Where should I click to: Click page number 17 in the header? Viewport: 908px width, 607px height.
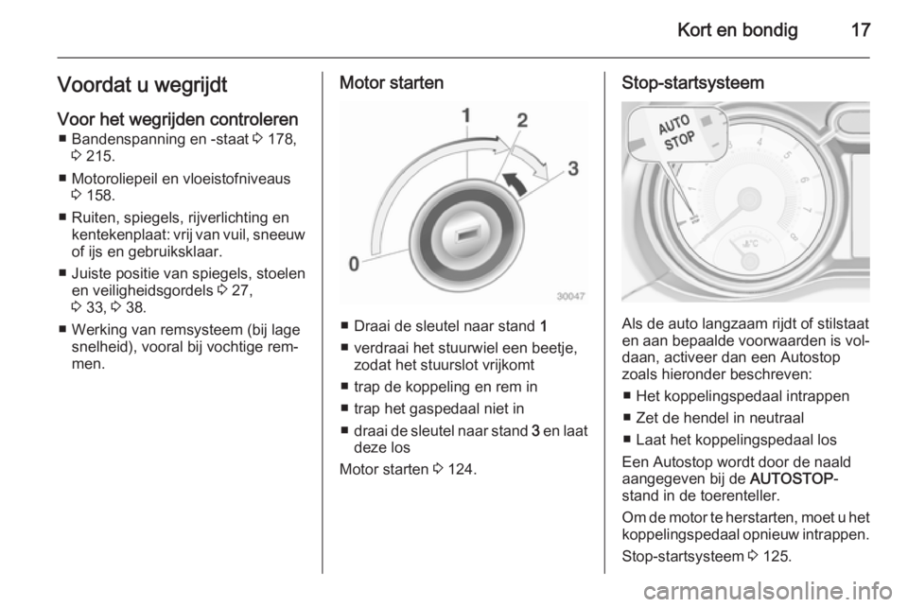(x=861, y=29)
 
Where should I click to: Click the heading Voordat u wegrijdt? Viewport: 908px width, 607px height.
(x=142, y=85)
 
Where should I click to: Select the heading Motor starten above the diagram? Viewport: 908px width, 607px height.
(x=392, y=83)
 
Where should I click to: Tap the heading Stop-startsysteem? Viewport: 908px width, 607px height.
(x=692, y=83)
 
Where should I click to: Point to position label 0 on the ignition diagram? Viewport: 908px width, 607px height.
(x=354, y=264)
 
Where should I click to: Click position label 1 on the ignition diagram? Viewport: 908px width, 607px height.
(x=466, y=115)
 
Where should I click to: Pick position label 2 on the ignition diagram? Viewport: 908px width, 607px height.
(x=522, y=120)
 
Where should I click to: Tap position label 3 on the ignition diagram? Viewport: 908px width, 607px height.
(x=573, y=168)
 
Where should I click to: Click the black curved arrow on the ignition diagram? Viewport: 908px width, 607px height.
(x=515, y=183)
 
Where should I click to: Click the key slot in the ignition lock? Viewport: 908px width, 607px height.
(x=466, y=235)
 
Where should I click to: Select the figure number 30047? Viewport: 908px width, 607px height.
(x=571, y=296)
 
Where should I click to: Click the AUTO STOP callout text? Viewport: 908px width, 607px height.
(x=676, y=132)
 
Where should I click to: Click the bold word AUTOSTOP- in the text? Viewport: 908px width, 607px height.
(x=794, y=479)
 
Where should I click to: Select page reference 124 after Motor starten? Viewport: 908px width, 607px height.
(x=461, y=469)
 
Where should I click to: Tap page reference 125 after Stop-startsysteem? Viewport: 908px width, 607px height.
(x=776, y=557)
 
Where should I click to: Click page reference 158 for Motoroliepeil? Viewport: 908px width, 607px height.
(x=99, y=196)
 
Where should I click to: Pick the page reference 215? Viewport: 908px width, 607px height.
(x=99, y=156)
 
